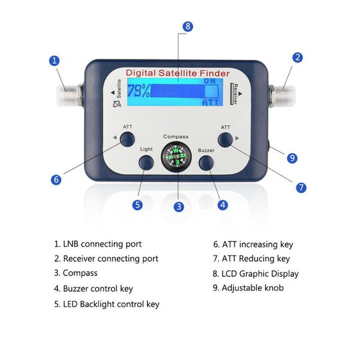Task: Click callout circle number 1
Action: [55, 61]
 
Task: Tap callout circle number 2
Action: [297, 58]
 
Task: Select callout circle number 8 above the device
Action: [188, 26]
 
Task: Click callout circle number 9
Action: [292, 158]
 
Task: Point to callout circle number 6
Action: [56, 179]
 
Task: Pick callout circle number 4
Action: [223, 205]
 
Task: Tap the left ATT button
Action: [127, 139]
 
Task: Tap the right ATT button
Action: [225, 139]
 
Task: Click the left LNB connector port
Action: [69, 95]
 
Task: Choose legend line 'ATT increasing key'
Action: [253, 244]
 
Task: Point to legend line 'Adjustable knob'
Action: [248, 288]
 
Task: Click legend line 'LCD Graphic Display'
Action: [256, 274]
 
